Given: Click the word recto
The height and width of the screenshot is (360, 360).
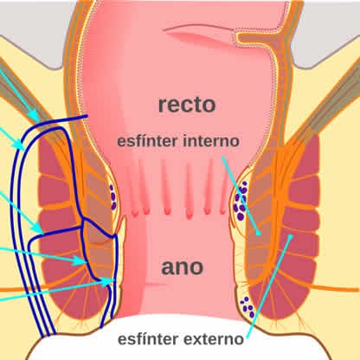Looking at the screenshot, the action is (x=187, y=105).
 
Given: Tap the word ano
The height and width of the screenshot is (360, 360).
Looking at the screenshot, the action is (x=183, y=267).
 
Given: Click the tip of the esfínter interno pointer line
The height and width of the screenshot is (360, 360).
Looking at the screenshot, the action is (x=260, y=235).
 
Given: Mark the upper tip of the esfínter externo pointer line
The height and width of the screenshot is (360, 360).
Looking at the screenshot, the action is (x=292, y=235).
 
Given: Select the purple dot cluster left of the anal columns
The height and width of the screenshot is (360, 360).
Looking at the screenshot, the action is (x=112, y=197).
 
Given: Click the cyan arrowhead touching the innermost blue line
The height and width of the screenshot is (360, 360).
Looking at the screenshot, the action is (x=110, y=280).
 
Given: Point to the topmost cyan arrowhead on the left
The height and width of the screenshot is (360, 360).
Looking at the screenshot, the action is (x=35, y=115).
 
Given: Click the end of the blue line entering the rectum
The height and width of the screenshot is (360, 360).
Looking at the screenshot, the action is (x=87, y=116).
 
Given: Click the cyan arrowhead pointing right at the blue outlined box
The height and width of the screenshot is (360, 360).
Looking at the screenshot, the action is (x=80, y=260).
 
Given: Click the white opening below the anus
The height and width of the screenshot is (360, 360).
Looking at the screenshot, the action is (x=179, y=340).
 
